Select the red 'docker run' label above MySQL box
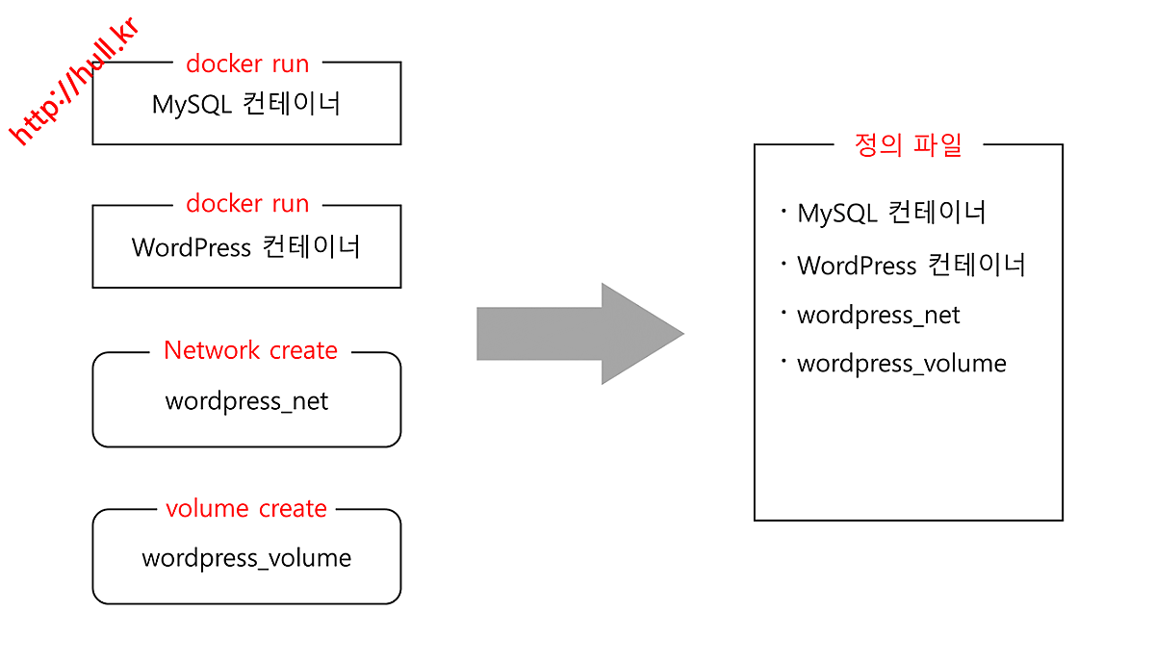point(247,64)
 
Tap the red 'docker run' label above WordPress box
point(247,204)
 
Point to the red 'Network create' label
point(250,350)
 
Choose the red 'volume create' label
point(246,508)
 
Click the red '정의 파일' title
point(908,145)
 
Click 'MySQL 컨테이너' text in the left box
point(246,104)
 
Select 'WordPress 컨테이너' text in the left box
point(246,247)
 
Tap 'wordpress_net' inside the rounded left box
point(246,401)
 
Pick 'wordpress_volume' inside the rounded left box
point(246,558)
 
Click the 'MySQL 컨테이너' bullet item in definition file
point(891,213)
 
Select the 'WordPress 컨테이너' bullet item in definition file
point(911,265)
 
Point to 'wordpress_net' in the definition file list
point(879,316)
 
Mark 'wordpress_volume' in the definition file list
point(902,364)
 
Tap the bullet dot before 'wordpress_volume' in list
point(784,360)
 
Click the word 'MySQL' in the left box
point(192,105)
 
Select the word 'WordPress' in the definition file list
point(857,266)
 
